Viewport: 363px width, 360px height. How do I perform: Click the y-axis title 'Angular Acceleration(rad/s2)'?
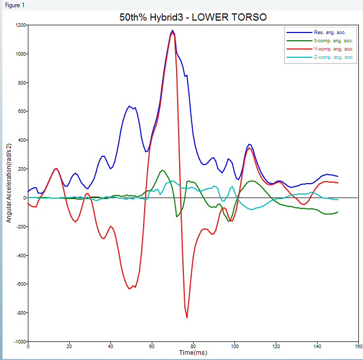pos(9,183)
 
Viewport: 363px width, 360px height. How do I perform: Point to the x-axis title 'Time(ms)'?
pos(193,353)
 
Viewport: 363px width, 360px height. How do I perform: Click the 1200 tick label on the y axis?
pos(20,25)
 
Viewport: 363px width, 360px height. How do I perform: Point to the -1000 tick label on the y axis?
pos(19,342)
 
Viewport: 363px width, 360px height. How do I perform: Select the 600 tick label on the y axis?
pos(21,111)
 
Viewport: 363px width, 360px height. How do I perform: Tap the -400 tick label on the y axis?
pos(20,255)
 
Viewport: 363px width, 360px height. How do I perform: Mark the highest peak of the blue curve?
pos(172,30)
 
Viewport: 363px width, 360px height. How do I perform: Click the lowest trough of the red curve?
pos(187,318)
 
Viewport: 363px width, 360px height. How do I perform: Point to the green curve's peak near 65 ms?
pos(163,170)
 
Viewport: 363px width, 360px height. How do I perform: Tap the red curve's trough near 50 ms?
pos(130,289)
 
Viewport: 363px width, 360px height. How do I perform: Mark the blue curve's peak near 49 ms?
pos(129,106)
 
